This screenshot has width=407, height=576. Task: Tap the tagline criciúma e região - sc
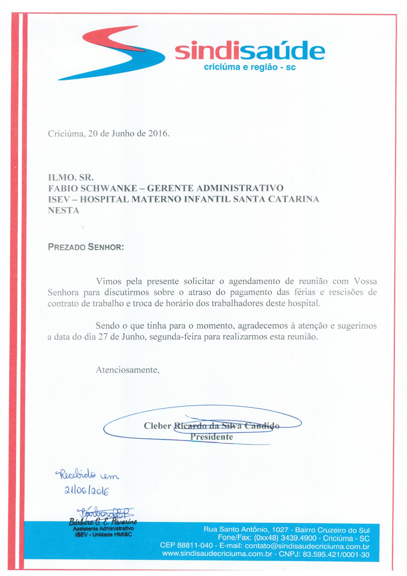250,67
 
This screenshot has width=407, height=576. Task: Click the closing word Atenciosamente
128,370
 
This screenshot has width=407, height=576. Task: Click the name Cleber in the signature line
158,426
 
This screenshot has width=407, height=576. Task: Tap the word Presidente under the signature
212,437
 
